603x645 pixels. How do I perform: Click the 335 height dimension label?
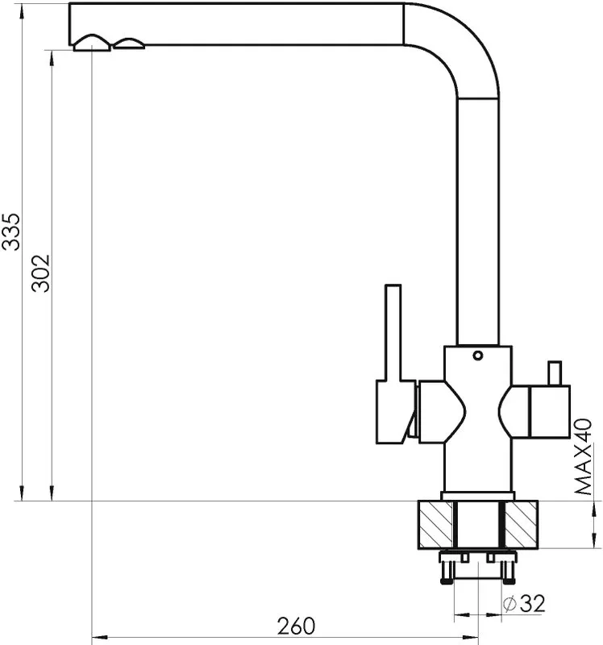coord(10,231)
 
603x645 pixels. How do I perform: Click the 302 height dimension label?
coord(41,273)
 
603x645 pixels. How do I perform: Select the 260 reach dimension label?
coord(296,626)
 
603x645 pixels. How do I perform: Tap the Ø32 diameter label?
coord(525,603)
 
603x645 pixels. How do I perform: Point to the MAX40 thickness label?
coord(583,456)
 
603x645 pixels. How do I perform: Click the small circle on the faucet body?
coord(477,356)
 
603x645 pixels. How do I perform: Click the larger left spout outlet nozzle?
coord(92,44)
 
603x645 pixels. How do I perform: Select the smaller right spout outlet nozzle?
coord(129,44)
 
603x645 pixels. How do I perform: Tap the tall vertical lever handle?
coord(393,333)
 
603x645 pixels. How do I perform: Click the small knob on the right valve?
coord(555,373)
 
